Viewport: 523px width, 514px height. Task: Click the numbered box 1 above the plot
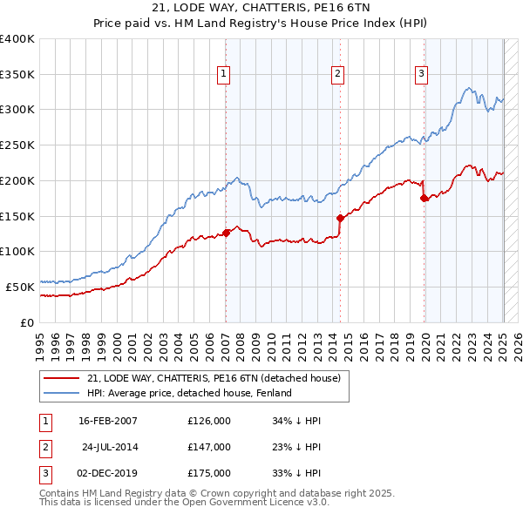(x=224, y=75)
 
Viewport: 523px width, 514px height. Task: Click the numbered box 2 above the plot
(x=336, y=75)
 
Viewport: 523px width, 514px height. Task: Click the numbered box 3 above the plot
(x=421, y=75)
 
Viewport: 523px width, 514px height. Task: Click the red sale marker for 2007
(x=226, y=233)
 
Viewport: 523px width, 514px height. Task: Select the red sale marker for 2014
(x=340, y=218)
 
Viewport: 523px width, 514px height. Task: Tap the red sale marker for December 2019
(x=425, y=198)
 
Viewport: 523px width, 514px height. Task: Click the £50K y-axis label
(x=20, y=286)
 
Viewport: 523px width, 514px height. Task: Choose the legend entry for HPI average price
(x=188, y=393)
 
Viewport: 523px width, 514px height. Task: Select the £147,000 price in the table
(x=209, y=447)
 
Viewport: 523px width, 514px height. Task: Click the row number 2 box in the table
(x=44, y=447)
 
